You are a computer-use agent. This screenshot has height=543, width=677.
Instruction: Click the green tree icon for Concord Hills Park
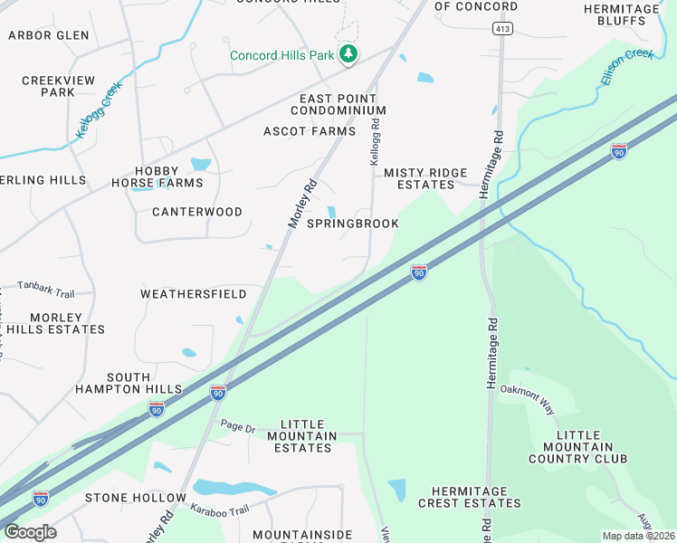click(348, 55)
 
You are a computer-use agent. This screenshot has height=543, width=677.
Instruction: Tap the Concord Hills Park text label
click(282, 55)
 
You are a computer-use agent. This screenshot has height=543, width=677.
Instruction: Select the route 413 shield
click(501, 29)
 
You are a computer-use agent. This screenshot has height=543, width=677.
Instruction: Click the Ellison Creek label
click(625, 68)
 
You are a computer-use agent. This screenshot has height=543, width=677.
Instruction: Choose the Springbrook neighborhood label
click(353, 224)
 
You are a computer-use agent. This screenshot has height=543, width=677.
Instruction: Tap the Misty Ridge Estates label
click(419, 178)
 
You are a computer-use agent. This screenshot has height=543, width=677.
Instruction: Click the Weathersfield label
click(194, 294)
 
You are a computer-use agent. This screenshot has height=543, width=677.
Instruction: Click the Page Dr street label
click(238, 427)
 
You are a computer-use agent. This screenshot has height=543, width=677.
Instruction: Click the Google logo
click(29, 531)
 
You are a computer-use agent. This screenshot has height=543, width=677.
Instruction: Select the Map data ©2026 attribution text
click(638, 536)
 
